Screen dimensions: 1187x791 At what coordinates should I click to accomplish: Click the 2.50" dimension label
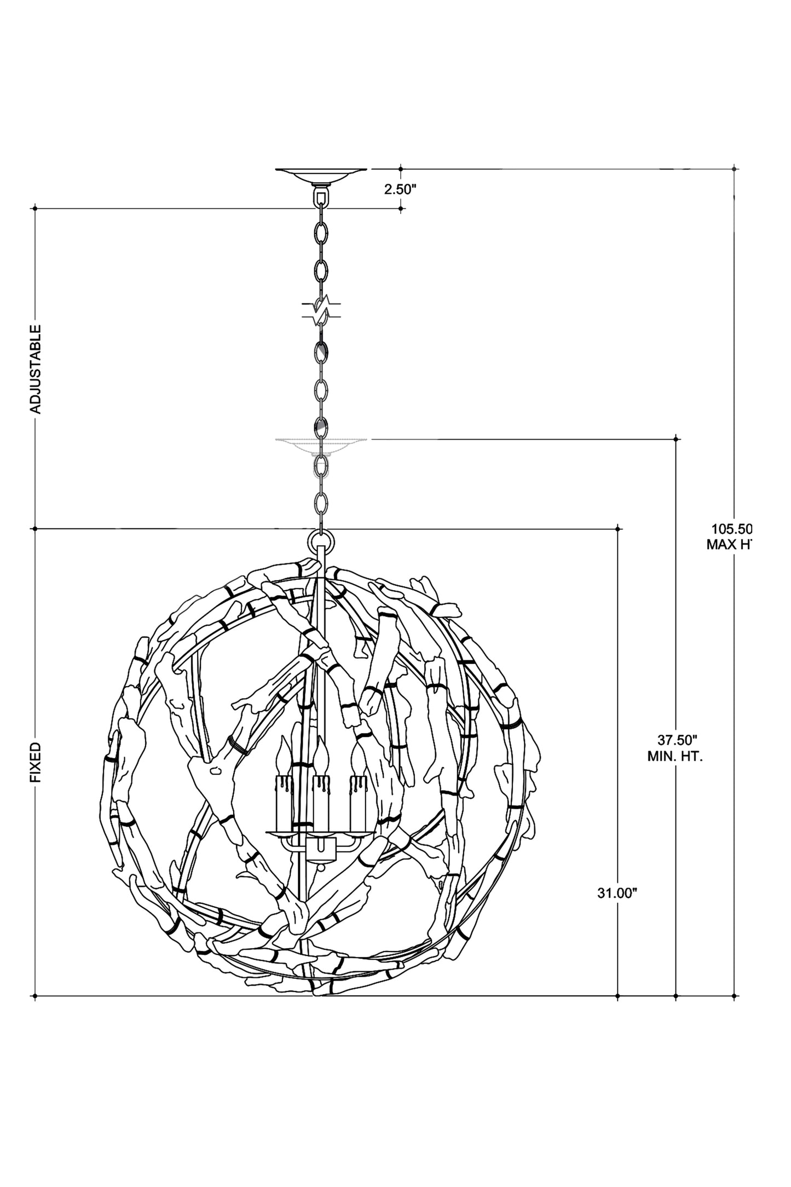click(x=400, y=189)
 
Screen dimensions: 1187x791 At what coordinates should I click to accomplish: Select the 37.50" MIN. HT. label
click(x=676, y=748)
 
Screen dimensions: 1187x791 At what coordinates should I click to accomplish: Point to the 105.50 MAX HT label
click(x=731, y=537)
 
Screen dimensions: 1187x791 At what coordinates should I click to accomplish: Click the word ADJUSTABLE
click(x=36, y=369)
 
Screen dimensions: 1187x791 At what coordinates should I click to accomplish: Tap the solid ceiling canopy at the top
click(x=321, y=176)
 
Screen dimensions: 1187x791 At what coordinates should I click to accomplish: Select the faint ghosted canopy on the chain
click(x=321, y=445)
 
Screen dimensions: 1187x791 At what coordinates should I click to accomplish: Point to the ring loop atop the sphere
click(x=321, y=541)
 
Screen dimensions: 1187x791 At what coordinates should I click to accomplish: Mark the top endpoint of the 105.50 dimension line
click(x=734, y=169)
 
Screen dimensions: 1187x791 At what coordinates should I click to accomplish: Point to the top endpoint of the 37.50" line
click(x=676, y=439)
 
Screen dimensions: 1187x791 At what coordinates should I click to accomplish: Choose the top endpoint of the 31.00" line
click(x=618, y=528)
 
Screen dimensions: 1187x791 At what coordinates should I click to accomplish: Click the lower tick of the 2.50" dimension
click(x=401, y=208)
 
